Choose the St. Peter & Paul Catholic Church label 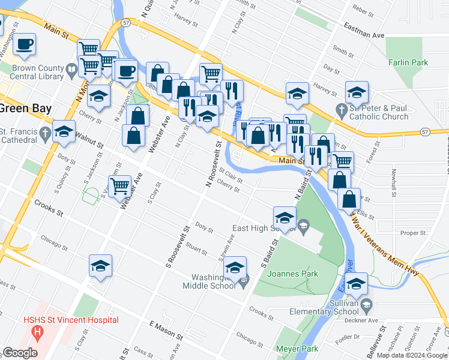pos(379,112)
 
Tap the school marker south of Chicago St pos(100,266)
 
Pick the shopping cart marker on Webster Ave pos(120,185)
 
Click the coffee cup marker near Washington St pos(24,44)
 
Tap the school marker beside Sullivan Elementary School pos(357,284)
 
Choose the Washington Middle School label pos(214,281)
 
